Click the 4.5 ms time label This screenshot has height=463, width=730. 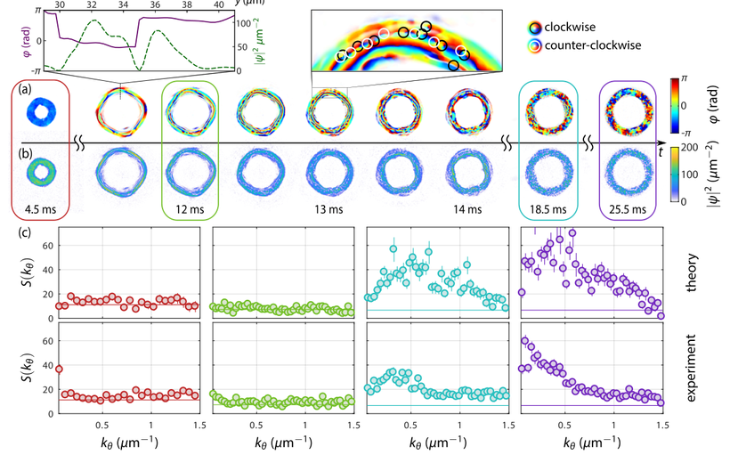click(40, 209)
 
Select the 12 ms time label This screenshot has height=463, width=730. click(190, 209)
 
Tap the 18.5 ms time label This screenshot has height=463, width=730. click(548, 209)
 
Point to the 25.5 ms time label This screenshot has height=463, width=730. click(628, 209)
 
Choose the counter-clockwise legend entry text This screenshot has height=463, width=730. click(593, 45)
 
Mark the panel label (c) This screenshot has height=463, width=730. click(25, 231)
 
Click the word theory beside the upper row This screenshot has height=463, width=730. click(692, 272)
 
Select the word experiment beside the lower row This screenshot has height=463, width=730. click(691, 368)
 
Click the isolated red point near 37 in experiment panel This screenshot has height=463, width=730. click(59, 370)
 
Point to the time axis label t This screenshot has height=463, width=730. click(661, 151)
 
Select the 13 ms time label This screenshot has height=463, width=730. click(328, 209)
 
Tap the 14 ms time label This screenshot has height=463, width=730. click(467, 209)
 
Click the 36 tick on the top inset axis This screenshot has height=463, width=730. click(155, 4)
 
